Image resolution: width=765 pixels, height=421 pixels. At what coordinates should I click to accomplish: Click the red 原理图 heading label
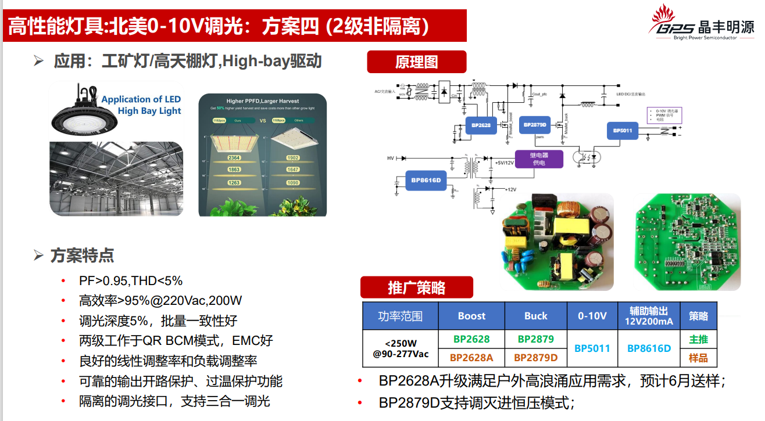click(416, 62)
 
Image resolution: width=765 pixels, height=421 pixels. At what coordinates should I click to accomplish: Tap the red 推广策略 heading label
click(416, 287)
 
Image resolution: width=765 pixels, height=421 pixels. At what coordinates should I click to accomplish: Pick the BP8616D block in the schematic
click(426, 180)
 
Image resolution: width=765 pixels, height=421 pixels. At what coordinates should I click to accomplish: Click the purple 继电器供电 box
click(539, 159)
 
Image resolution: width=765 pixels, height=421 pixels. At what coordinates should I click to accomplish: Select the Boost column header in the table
click(471, 316)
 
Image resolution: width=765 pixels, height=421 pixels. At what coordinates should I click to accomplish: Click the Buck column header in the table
click(535, 316)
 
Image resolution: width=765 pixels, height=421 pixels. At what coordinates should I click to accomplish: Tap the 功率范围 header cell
click(400, 316)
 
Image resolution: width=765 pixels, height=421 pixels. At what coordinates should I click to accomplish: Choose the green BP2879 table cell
click(535, 339)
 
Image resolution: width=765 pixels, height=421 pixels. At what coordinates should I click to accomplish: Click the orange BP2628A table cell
click(471, 357)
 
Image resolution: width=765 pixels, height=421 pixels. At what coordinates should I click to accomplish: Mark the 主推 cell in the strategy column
click(698, 339)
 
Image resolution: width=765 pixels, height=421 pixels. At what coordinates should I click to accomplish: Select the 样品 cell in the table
click(698, 357)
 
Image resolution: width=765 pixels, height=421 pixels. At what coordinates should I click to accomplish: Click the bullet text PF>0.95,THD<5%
click(131, 281)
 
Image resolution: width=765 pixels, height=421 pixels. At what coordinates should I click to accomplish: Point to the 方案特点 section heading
click(82, 255)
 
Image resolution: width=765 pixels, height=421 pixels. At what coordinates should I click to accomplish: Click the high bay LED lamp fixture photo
click(84, 113)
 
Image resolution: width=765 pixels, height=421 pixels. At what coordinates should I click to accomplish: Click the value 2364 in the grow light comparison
click(234, 157)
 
